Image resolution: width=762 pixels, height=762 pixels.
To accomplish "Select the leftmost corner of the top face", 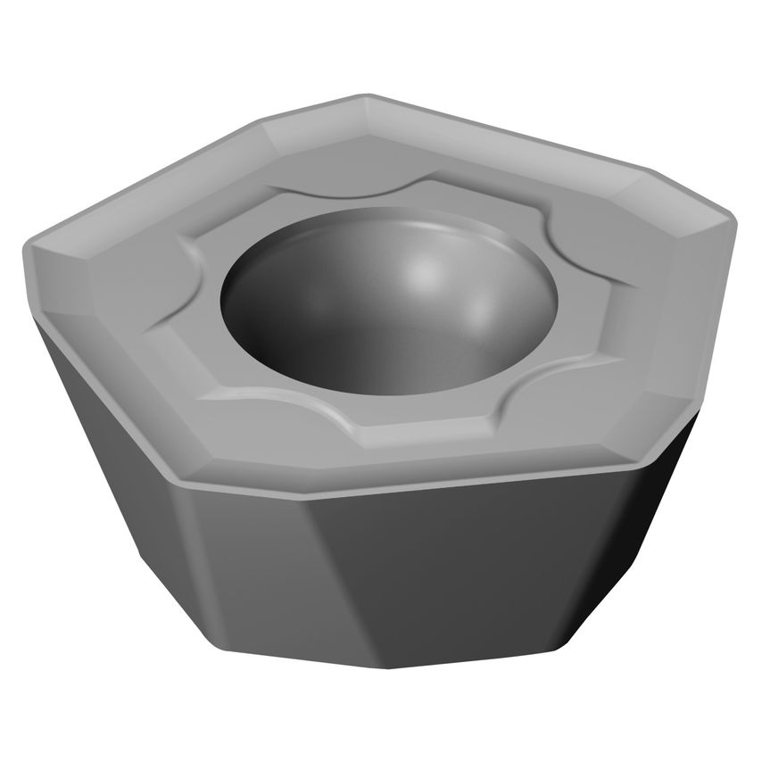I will (27, 239).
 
